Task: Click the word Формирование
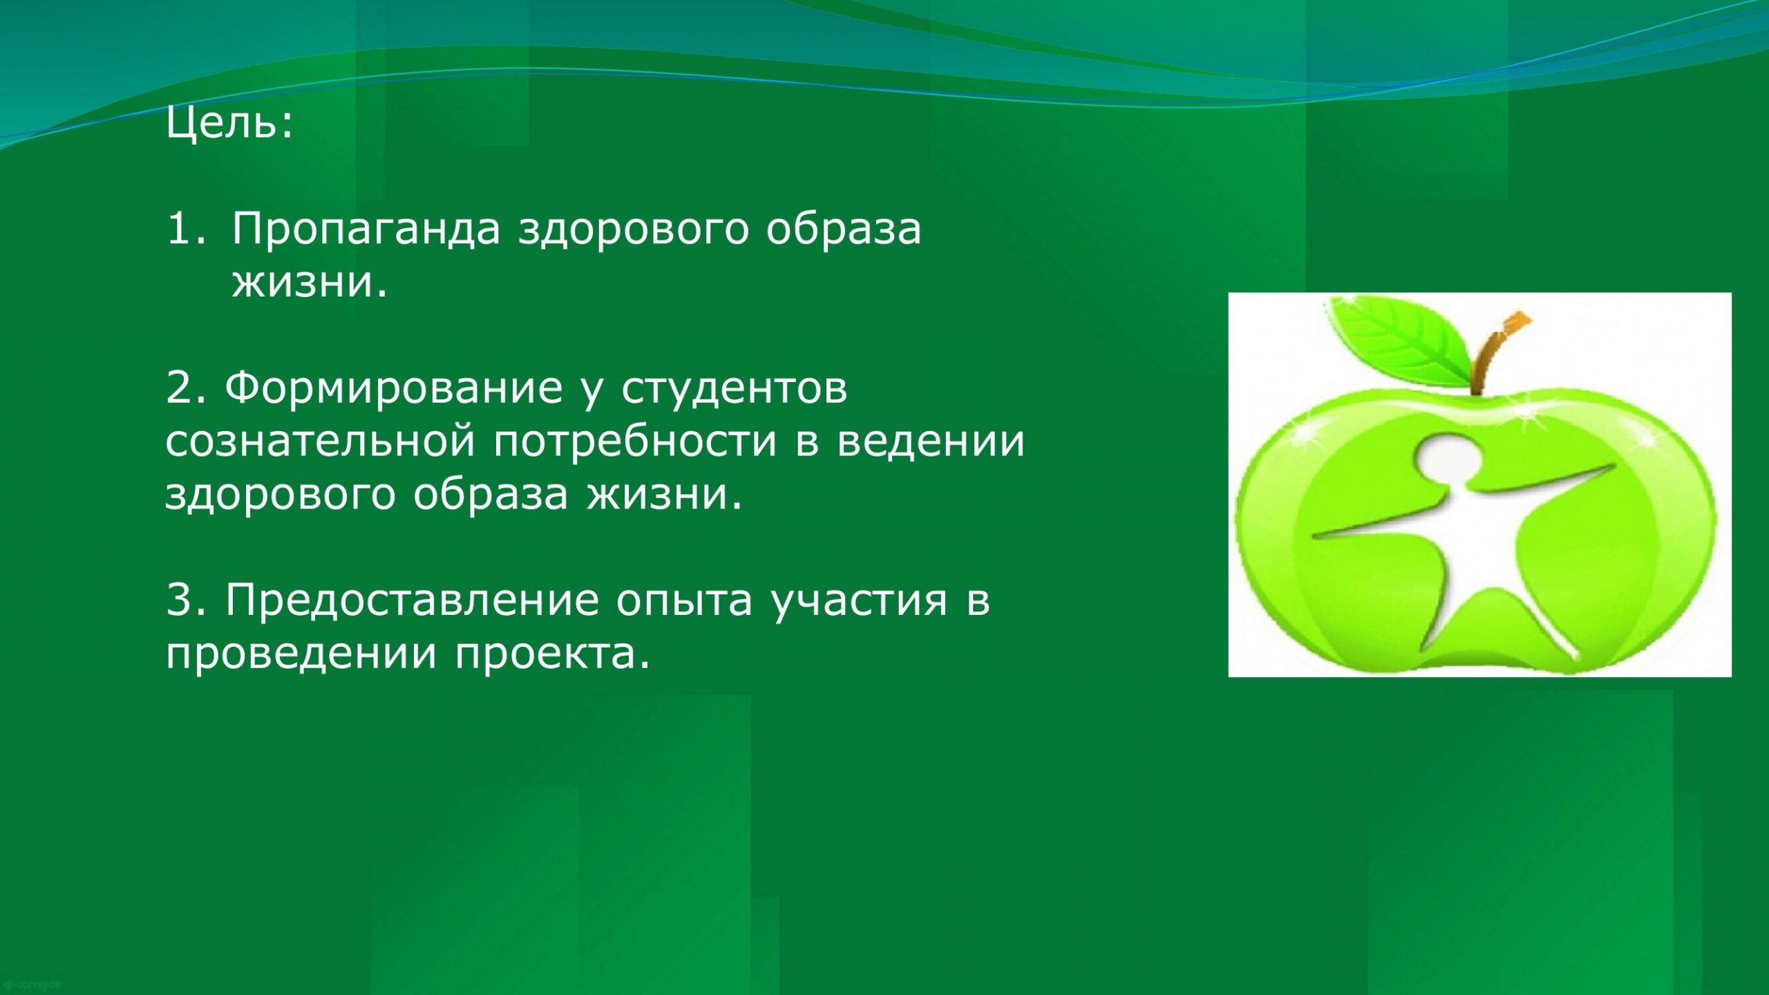[x=394, y=388]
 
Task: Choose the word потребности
[x=636, y=442]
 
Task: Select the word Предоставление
[x=412, y=600]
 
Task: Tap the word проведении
[x=301, y=654]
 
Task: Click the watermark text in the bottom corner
[x=32, y=984]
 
